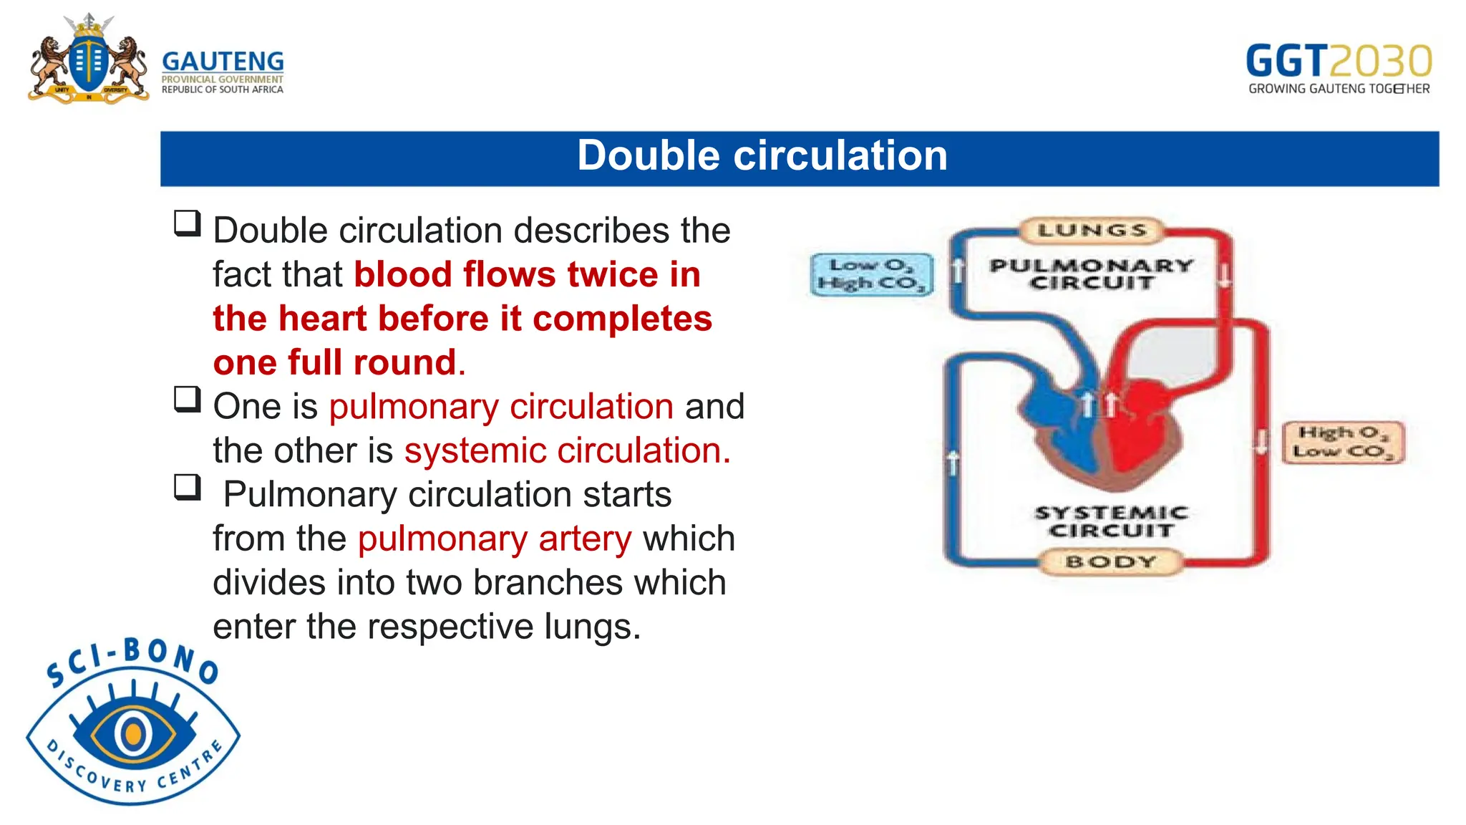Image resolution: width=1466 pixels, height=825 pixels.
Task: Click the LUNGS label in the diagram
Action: pos(1092,231)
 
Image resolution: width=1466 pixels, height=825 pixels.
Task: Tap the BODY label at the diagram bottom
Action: pos(1110,562)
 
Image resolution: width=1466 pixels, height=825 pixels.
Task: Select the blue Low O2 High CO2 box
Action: pos(872,275)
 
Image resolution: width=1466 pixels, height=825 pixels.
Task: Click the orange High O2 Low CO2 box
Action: pos(1343,443)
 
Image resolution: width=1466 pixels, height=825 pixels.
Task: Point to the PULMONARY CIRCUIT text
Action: pos(1092,274)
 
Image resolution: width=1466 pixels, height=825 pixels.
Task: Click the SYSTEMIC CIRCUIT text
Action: pos(1111,522)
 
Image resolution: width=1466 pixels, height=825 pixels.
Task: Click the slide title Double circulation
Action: pos(762,156)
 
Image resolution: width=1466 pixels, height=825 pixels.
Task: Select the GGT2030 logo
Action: pos(1339,69)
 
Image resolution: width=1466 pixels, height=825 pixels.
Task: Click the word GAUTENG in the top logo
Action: pos(223,62)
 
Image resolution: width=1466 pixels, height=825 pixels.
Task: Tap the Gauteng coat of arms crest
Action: pos(88,61)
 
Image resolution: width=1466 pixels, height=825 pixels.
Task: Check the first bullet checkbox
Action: pos(188,223)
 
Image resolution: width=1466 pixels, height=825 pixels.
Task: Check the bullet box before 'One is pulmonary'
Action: pos(188,399)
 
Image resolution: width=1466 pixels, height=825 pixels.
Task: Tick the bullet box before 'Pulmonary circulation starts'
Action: pos(188,487)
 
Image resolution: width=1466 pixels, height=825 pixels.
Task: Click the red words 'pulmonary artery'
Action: pos(495,539)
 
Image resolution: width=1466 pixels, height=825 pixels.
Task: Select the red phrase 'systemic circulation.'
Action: pos(567,450)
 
